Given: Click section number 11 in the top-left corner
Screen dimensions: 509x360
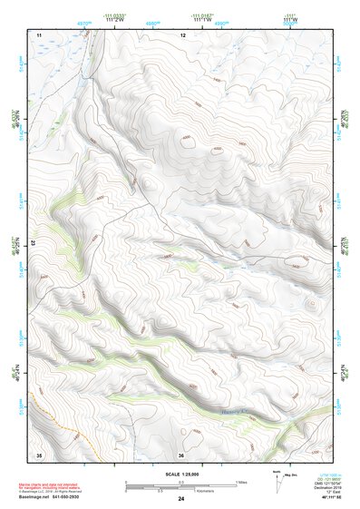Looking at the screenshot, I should [39, 34].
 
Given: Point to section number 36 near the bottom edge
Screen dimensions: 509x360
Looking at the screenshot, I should [181, 455].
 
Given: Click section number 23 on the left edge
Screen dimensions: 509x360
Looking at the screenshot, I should [34, 243].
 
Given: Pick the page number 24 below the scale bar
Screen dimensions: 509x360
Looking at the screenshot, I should [180, 498].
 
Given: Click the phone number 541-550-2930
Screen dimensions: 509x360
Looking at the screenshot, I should [78, 497].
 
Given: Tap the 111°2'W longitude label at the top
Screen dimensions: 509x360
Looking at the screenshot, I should [115, 20].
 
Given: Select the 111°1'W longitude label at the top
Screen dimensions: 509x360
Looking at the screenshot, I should [201, 20].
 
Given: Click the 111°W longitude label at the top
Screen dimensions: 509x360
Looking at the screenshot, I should [289, 20].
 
